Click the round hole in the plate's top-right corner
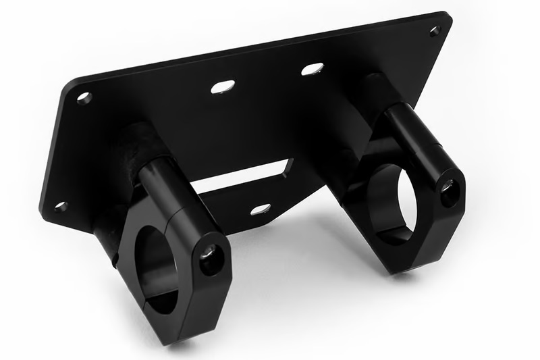(435, 30)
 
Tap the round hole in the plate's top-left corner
(84, 97)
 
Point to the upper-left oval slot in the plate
(223, 86)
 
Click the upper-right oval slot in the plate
(312, 69)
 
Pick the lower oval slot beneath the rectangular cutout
(261, 209)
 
